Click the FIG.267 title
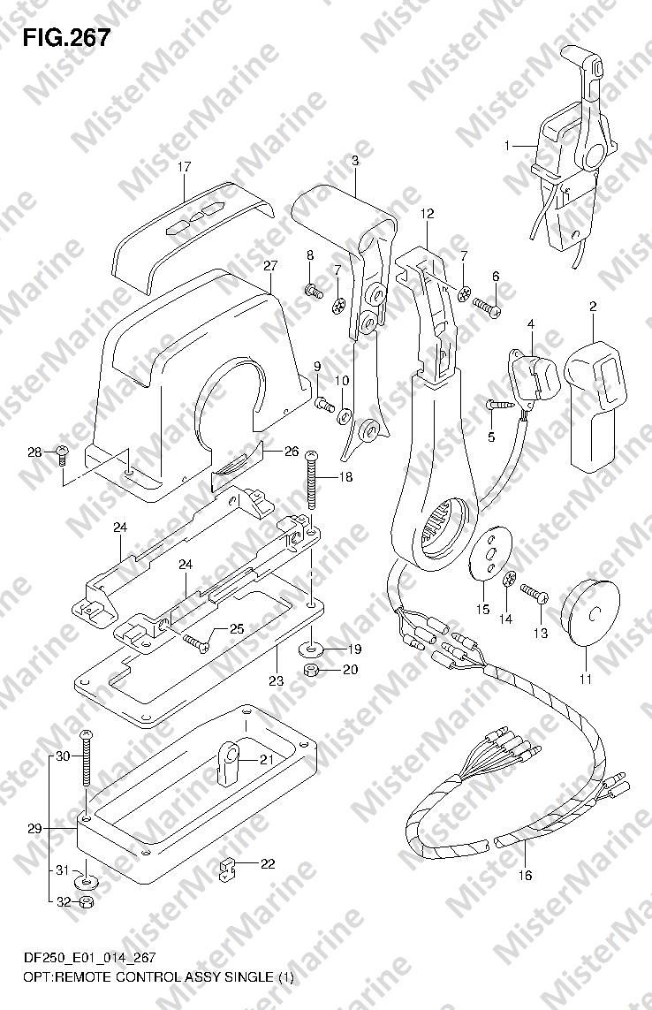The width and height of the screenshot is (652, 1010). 66,38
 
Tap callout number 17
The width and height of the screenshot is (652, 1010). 185,167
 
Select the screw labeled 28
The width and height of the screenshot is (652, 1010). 63,454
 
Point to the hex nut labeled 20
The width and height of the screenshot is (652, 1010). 310,670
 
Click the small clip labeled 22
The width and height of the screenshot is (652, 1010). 225,870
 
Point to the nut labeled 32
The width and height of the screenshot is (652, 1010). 85,902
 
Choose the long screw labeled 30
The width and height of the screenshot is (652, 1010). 86,757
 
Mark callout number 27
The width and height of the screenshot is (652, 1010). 270,265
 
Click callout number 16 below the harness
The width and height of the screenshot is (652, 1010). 526,875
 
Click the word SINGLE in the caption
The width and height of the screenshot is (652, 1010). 248,977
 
